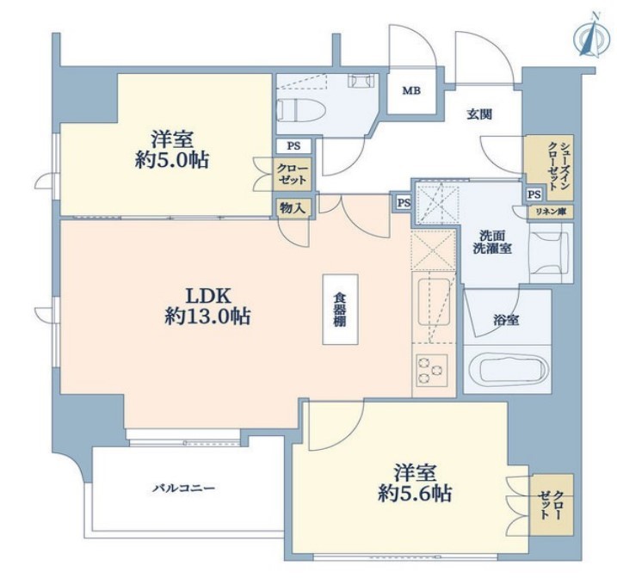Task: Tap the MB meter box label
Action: [411, 91]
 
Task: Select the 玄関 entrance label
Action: [479, 114]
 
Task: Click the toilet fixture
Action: [301, 109]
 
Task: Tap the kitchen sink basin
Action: [432, 302]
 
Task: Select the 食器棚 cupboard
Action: [341, 310]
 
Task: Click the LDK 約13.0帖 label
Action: [207, 306]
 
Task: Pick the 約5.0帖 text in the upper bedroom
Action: [171, 161]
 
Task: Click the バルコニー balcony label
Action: [184, 489]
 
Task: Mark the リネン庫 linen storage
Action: [551, 212]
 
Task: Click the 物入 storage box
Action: [293, 207]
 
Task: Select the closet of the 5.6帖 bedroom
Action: [551, 505]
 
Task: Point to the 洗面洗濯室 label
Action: [492, 242]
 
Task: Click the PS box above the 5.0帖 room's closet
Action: [293, 146]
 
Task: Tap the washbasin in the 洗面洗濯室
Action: [550, 253]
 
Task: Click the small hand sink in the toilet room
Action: [360, 81]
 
